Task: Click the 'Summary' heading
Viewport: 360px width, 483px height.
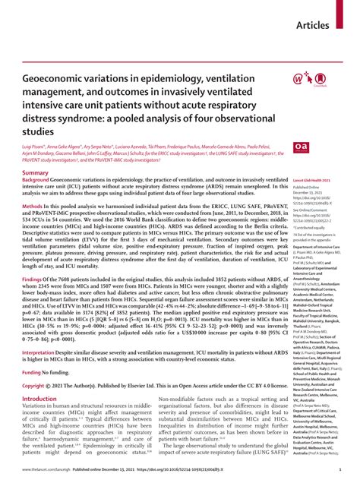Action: pos(37,173)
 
